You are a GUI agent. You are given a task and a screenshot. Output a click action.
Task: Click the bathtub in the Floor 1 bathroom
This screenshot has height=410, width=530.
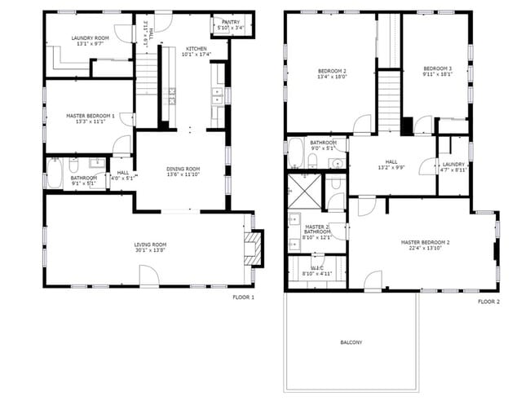(x=54, y=174)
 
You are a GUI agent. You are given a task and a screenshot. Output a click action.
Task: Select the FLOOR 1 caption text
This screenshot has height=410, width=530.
(x=243, y=298)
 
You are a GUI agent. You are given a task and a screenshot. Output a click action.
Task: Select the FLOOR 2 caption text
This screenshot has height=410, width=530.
(x=488, y=302)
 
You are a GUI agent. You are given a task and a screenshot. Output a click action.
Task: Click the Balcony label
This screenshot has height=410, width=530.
(x=351, y=342)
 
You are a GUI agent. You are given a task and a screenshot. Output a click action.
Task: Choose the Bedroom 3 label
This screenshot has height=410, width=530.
(x=438, y=71)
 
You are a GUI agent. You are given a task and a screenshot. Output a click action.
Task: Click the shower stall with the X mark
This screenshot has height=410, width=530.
(x=303, y=192)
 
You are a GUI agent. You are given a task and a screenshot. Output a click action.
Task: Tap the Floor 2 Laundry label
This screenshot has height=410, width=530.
(x=454, y=166)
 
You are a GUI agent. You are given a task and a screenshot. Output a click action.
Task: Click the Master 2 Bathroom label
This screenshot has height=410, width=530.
(x=317, y=233)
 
